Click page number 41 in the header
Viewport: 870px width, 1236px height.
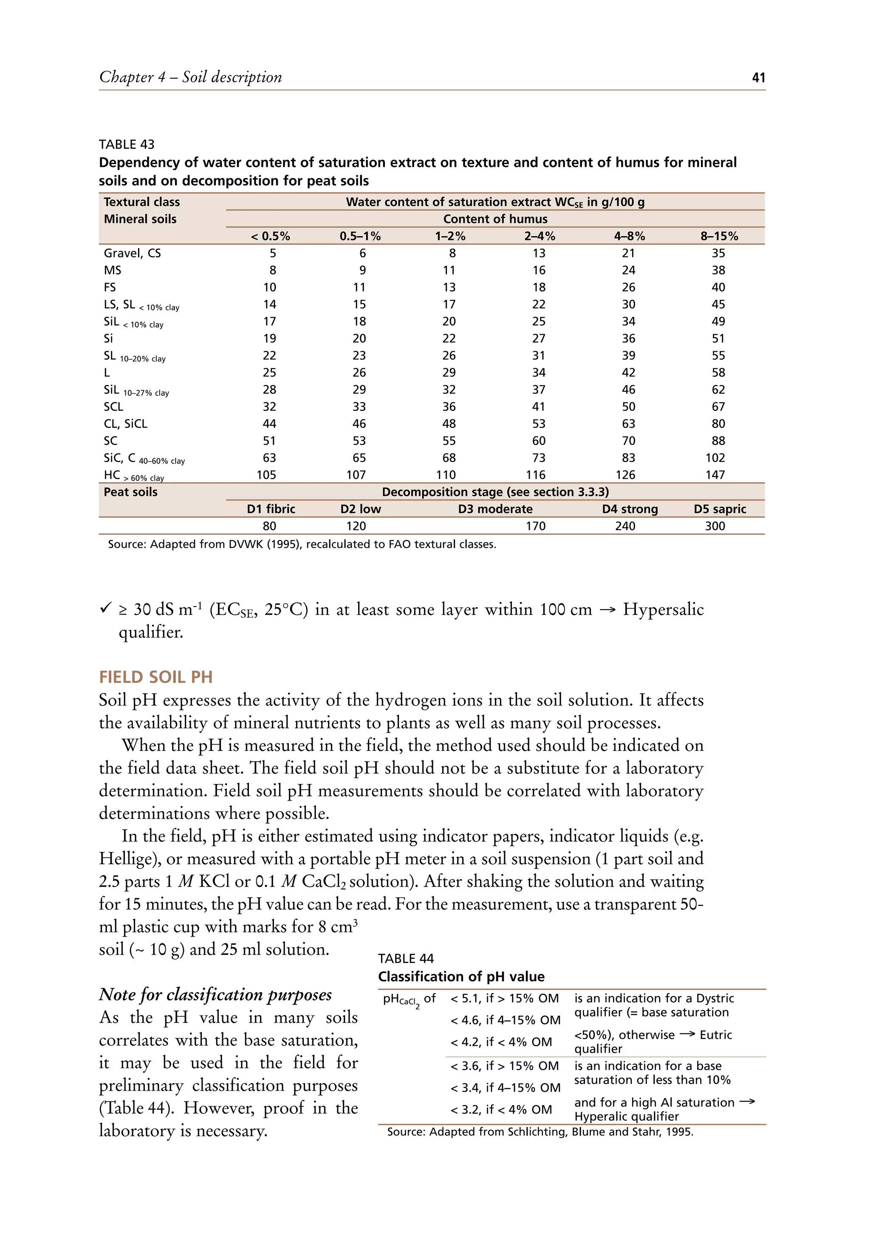[758, 78]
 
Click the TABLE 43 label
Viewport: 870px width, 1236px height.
[127, 144]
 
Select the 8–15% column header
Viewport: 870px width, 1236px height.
[719, 236]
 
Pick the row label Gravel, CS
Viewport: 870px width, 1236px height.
[132, 253]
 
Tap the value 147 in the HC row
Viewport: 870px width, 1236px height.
[715, 475]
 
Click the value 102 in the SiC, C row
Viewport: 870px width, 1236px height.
[715, 457]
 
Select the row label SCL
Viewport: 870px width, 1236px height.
[113, 406]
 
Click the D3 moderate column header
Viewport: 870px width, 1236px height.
[495, 509]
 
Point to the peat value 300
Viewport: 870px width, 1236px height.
[715, 526]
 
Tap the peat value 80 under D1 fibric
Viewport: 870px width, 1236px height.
[269, 526]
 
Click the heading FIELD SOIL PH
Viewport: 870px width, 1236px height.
[155, 677]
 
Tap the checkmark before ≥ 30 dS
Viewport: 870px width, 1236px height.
[105, 609]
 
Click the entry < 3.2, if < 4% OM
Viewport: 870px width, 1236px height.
[501, 1109]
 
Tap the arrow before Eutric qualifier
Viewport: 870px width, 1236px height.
[687, 1033]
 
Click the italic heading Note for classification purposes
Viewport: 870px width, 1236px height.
[215, 994]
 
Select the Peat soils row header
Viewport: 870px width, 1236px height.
[130, 491]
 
